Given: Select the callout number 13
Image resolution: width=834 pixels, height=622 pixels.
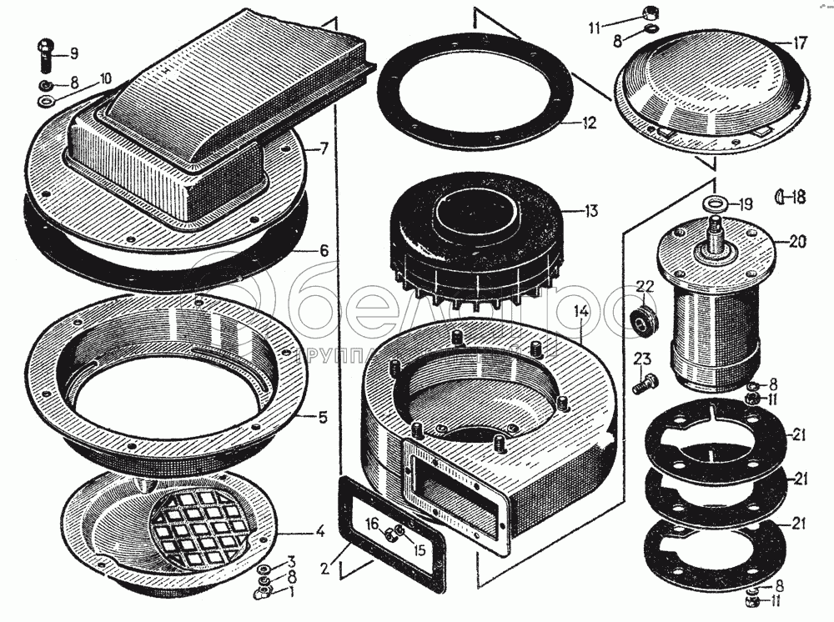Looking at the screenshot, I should point(590,212).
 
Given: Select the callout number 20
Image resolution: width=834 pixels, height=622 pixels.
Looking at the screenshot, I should point(797,243).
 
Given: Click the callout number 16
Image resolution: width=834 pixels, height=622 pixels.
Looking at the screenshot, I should point(374,523).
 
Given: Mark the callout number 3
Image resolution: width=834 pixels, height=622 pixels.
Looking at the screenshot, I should point(291,560).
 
